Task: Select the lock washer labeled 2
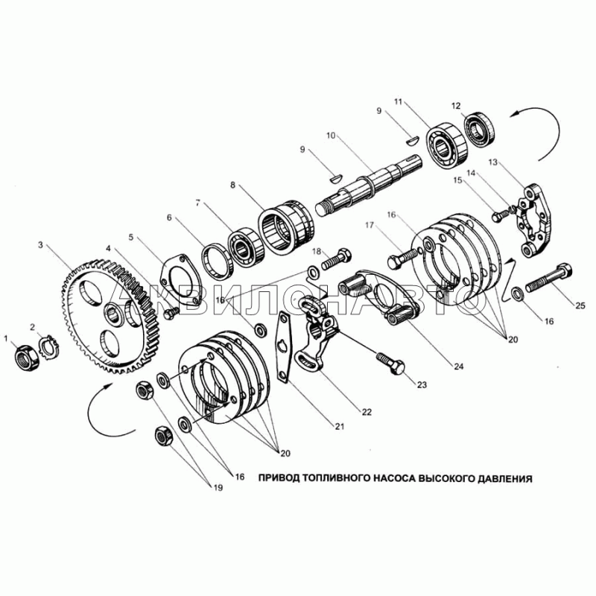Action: click(x=50, y=346)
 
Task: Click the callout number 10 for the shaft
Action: click(x=331, y=135)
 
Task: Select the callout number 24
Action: click(x=459, y=367)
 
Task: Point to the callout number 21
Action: click(x=339, y=426)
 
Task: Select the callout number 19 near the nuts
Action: click(x=218, y=488)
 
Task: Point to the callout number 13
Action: click(x=492, y=162)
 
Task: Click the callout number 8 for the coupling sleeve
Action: click(x=232, y=185)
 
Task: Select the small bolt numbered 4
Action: click(x=171, y=313)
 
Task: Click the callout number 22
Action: click(x=367, y=412)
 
